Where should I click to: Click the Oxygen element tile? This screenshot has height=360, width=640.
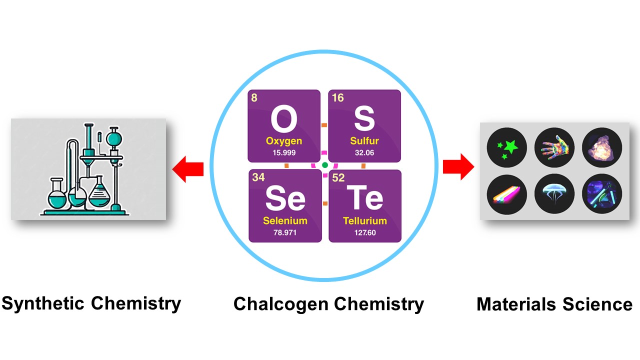click(283, 125)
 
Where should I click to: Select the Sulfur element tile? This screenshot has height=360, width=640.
click(364, 125)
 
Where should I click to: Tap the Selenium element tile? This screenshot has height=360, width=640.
click(285, 206)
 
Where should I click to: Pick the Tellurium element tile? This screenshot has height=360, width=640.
click(364, 206)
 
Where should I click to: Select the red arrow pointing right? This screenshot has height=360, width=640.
click(458, 166)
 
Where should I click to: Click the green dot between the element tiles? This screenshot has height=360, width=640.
click(324, 165)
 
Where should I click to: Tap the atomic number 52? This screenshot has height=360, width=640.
click(338, 178)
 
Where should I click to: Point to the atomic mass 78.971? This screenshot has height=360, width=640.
click(285, 232)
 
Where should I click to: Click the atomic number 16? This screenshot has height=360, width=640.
click(338, 98)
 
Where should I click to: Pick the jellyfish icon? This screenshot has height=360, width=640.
click(554, 192)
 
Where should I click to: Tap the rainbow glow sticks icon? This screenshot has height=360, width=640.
click(506, 192)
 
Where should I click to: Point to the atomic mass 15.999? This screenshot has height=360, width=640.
click(283, 152)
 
